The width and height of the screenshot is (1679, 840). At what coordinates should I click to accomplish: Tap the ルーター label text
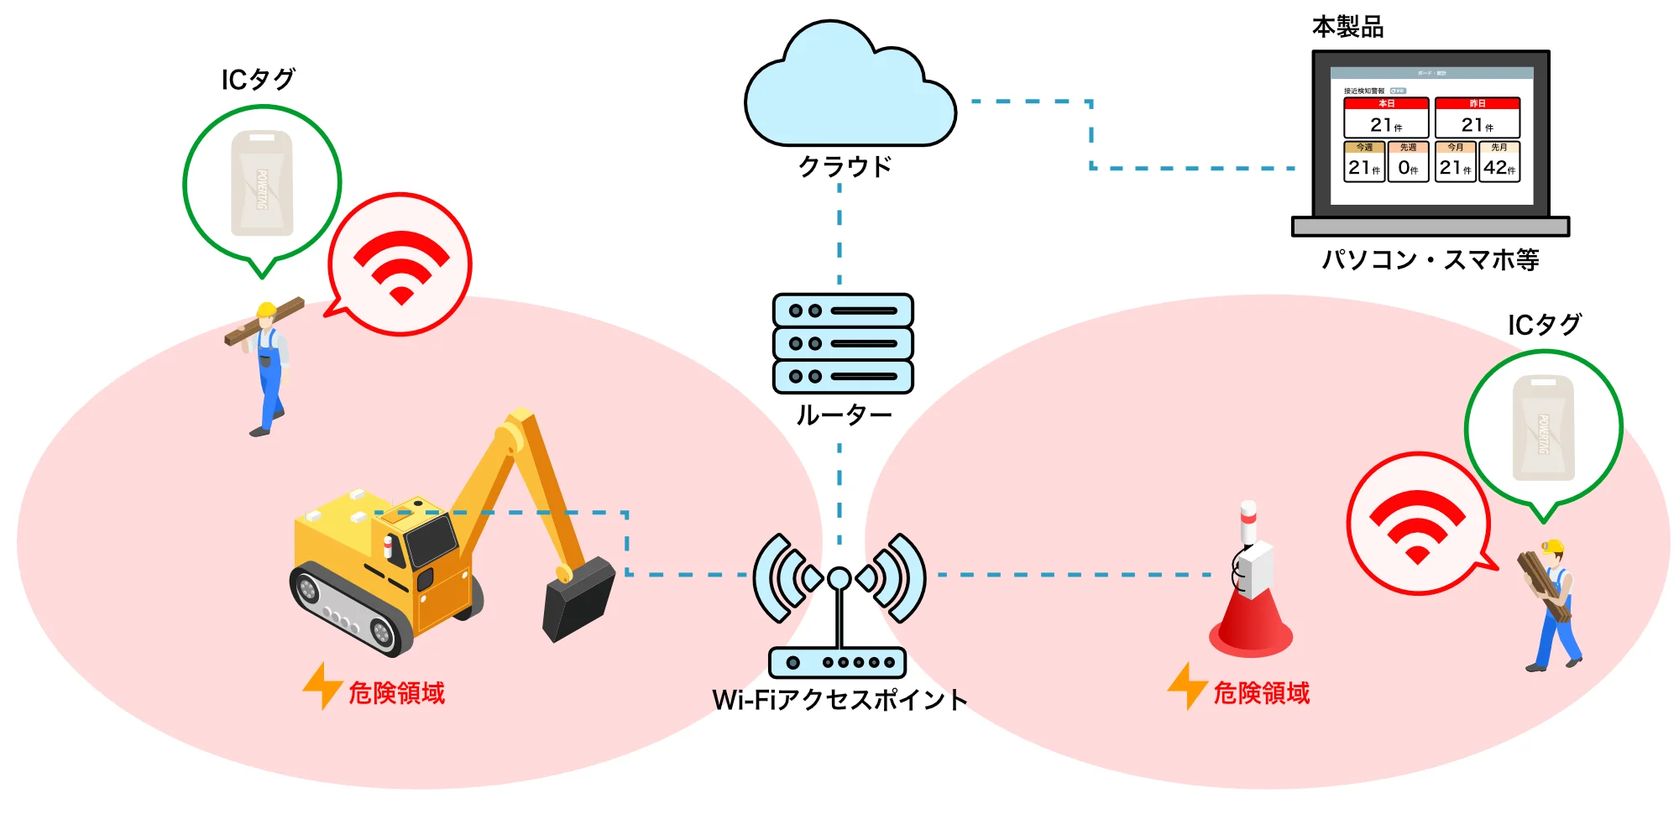tap(843, 415)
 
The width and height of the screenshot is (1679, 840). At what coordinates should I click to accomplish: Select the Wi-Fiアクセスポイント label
tap(839, 700)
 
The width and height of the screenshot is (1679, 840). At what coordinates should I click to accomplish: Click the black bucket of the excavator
tap(579, 600)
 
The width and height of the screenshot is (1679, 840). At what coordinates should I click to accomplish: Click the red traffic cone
tap(1251, 621)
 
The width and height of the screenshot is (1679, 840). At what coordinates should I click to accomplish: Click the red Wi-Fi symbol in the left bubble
tap(401, 266)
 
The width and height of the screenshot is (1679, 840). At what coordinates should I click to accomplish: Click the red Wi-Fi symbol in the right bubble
tap(1417, 525)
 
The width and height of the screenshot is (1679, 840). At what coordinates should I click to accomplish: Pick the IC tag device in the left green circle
tap(262, 183)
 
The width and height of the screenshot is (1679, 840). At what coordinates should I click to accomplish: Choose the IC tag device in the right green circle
tap(1543, 428)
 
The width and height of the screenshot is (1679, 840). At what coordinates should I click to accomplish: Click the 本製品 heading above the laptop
tap(1347, 28)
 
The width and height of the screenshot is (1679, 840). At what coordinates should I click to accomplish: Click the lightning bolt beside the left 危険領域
tap(322, 686)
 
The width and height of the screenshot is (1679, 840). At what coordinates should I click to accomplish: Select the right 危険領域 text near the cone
tap(1261, 693)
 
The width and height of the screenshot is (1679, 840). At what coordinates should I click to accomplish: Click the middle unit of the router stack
tap(843, 343)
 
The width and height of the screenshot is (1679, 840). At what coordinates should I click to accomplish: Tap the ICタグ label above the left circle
tap(258, 80)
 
